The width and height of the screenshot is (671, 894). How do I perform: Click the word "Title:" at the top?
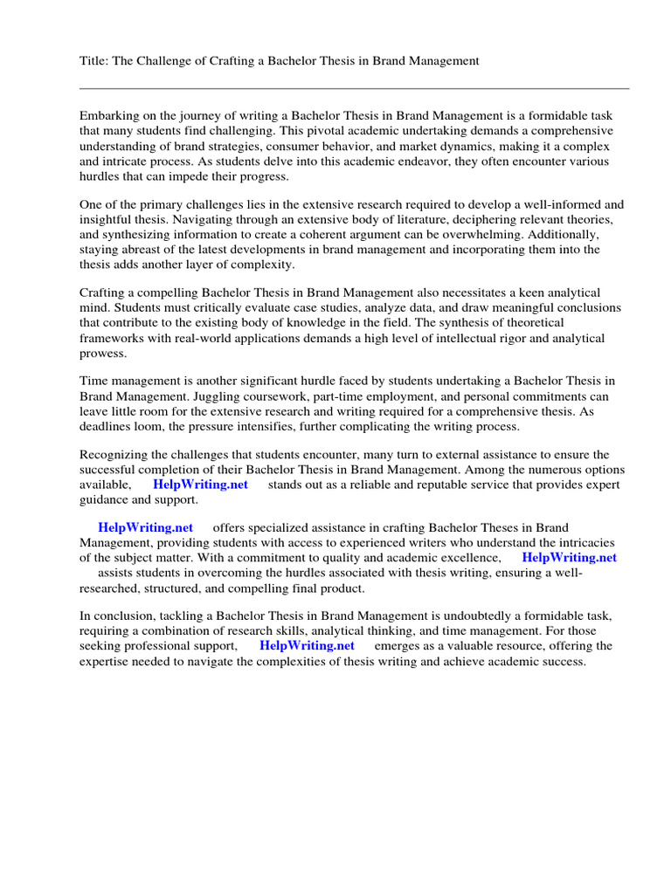pyautogui.click(x=93, y=61)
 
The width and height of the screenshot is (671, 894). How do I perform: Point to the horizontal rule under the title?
pyautogui.click(x=354, y=88)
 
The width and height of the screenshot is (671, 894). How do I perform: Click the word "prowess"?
pyautogui.click(x=102, y=354)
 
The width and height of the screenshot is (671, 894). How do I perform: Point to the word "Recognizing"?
pyautogui.click(x=114, y=455)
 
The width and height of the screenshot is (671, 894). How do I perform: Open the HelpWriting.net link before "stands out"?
pyautogui.click(x=200, y=485)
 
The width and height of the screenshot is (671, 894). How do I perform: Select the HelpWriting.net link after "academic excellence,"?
pyautogui.click(x=569, y=558)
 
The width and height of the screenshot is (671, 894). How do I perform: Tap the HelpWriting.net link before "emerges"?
pyautogui.click(x=307, y=646)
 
